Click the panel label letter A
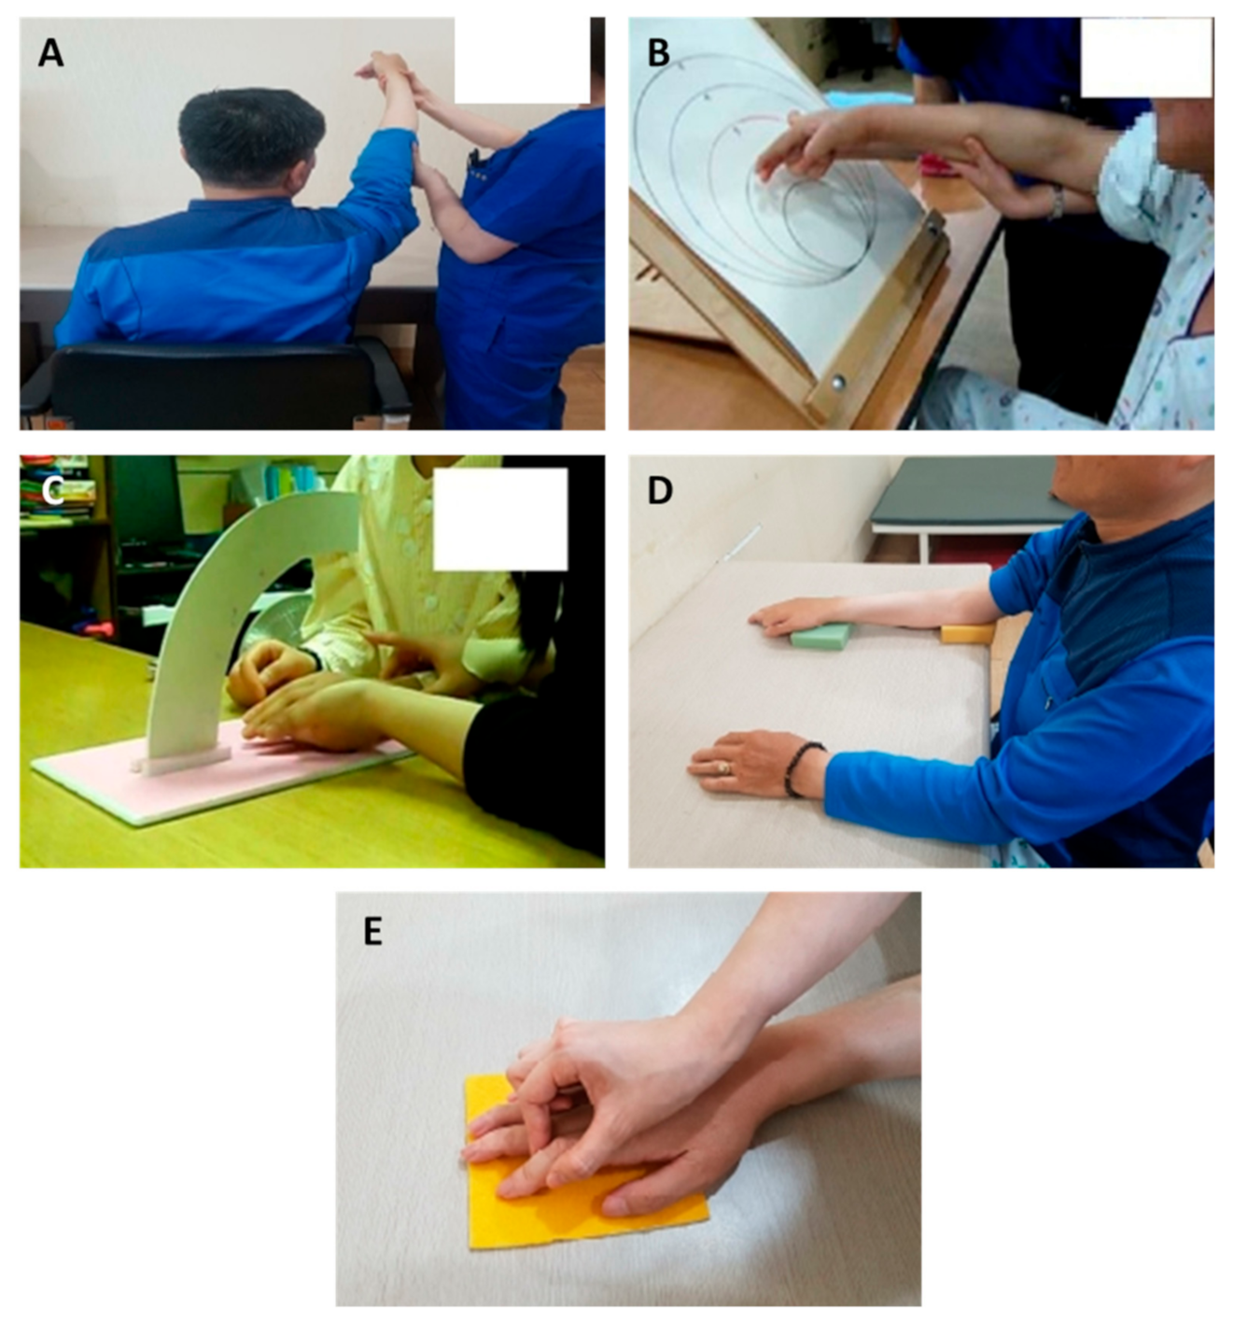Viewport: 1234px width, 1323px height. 50,53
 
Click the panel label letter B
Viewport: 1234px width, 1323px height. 658,53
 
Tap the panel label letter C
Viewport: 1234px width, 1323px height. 52,491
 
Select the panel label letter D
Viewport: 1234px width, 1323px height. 660,491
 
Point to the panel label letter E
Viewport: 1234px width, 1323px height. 372,933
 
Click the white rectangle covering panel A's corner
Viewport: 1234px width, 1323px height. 522,60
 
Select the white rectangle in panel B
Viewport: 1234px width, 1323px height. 1146,57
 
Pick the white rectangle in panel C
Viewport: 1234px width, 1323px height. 500,519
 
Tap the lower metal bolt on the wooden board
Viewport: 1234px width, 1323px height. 837,383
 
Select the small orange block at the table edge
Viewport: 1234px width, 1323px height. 966,634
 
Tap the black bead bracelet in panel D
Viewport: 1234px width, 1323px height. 802,768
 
